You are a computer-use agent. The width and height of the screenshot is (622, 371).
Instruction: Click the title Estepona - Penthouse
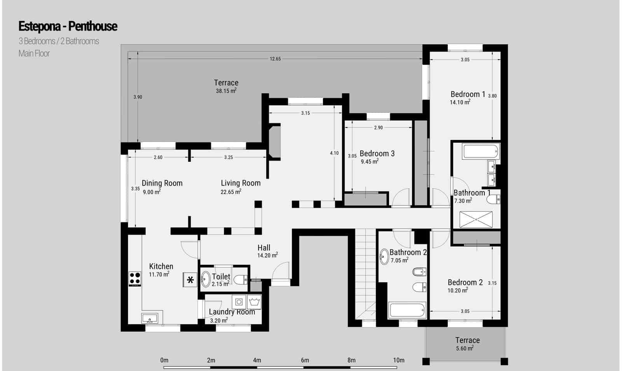point(68,26)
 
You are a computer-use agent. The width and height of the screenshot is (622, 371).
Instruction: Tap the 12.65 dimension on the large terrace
point(275,59)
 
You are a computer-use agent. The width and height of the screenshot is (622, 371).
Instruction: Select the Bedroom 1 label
point(468,94)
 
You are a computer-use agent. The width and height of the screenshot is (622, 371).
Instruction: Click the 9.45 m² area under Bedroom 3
point(369,161)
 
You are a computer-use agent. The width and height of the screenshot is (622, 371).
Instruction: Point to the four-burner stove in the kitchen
point(135,278)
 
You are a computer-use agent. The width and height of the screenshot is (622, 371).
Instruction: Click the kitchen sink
point(150,318)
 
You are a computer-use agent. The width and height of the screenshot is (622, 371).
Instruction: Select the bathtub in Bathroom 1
point(481,151)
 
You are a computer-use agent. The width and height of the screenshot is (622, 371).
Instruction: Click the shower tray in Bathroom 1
point(476,220)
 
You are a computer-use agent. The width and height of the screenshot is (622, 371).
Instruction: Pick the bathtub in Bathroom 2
point(407,310)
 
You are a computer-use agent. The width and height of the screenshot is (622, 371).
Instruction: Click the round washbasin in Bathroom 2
point(384,256)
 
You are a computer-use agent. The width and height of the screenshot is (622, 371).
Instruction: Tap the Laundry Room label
point(232,312)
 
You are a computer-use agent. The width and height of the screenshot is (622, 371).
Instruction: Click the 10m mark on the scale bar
point(399,360)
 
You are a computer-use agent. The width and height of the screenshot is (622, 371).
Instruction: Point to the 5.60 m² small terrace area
point(465,348)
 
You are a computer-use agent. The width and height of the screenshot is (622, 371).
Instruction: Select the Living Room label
point(241,183)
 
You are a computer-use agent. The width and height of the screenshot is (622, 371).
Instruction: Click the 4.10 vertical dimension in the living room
point(334,153)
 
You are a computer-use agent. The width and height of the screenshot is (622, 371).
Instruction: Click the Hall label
point(264,248)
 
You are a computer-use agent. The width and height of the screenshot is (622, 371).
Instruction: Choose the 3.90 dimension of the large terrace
point(138,97)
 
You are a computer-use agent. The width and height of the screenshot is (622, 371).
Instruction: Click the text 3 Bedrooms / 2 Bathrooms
point(59,41)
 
